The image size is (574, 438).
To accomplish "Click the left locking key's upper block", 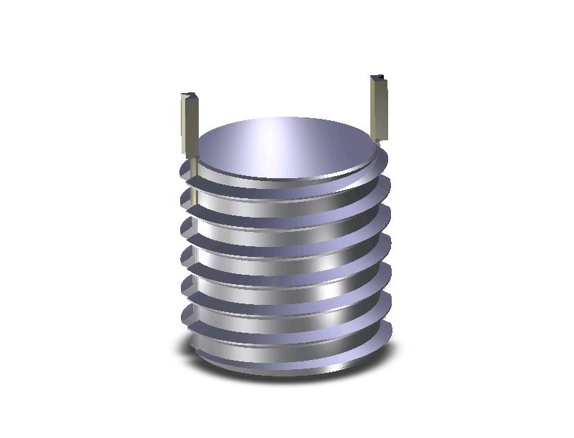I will (189, 122).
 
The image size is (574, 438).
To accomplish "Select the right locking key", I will (380, 107).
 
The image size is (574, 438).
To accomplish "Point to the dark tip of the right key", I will (380, 77).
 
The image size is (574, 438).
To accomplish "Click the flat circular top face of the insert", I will (286, 147).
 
